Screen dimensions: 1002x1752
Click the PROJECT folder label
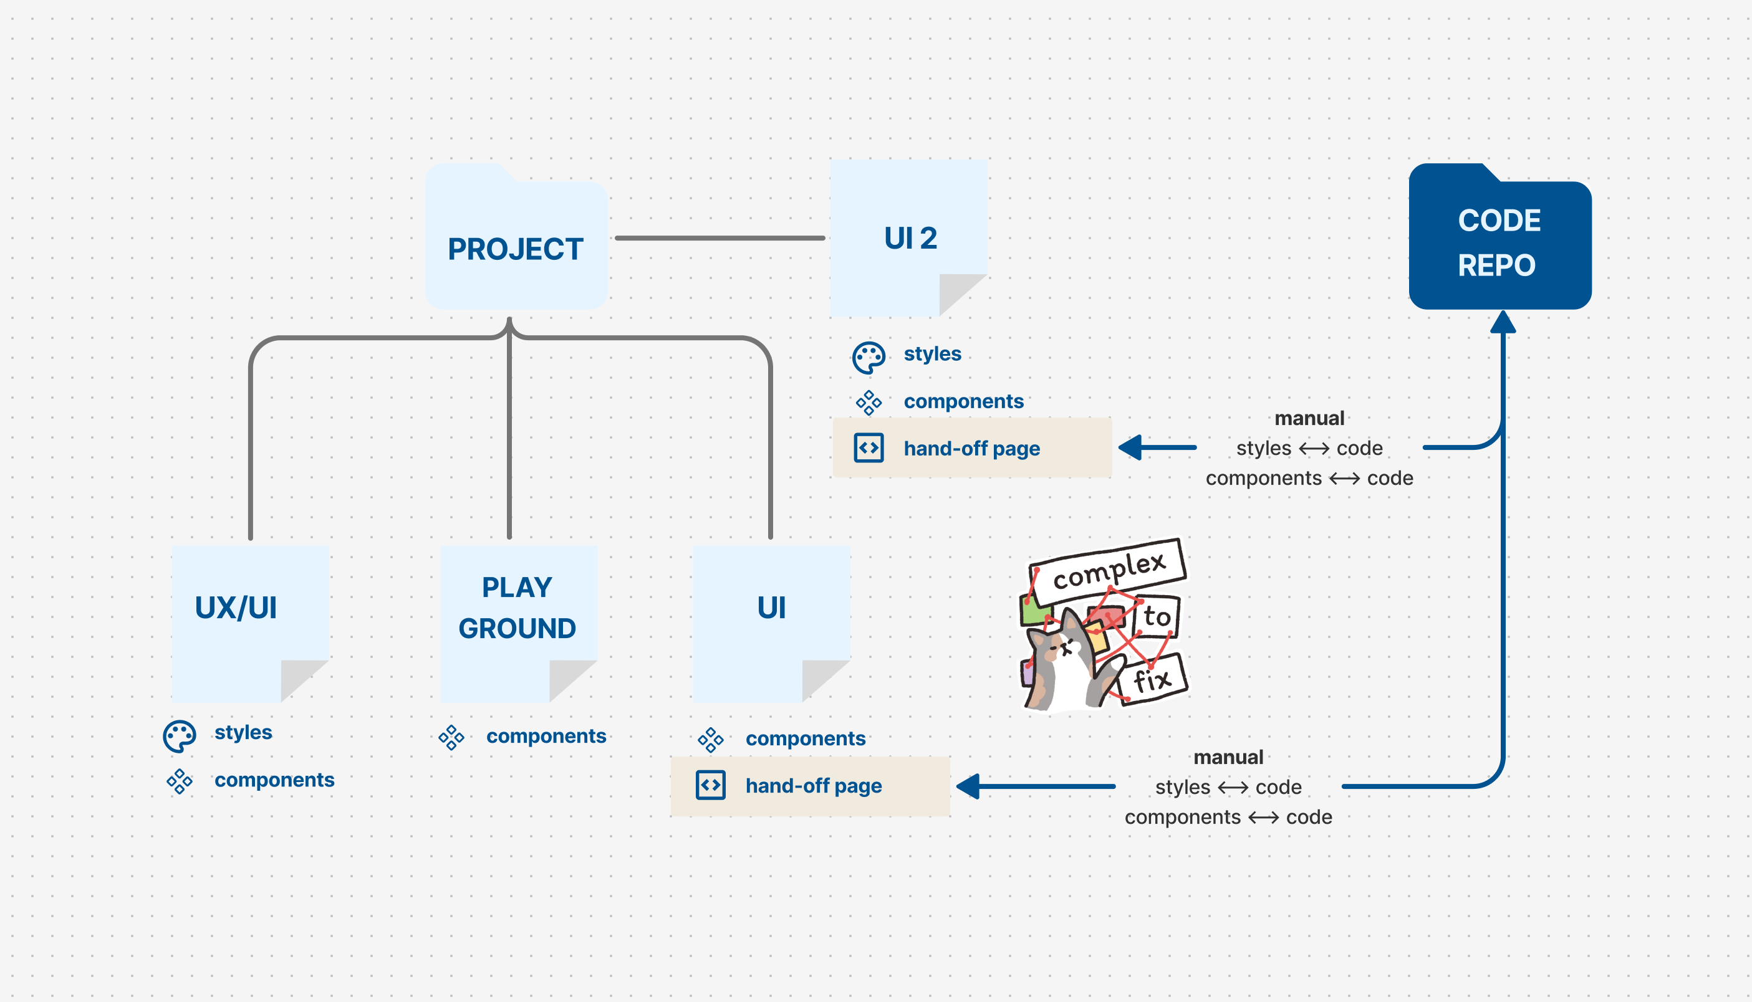516,249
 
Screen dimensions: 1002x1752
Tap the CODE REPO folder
1499,241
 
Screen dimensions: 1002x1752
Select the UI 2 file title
910,238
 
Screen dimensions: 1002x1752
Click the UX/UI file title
236,608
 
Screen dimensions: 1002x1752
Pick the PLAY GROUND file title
517,608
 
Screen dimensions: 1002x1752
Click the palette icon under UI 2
868,357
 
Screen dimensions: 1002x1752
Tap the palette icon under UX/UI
179,736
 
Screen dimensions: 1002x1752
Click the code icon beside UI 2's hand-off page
869,448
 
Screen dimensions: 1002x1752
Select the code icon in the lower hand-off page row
710,785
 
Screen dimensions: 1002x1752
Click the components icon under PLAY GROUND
451,737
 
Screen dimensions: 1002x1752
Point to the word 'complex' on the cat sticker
1109,570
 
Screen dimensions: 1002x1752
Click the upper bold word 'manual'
1309,418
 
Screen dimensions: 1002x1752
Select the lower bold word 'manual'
1228,757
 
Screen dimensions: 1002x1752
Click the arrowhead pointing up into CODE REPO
1503,322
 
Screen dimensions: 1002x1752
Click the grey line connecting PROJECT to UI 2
720,238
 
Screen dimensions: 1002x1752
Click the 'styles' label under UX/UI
243,732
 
